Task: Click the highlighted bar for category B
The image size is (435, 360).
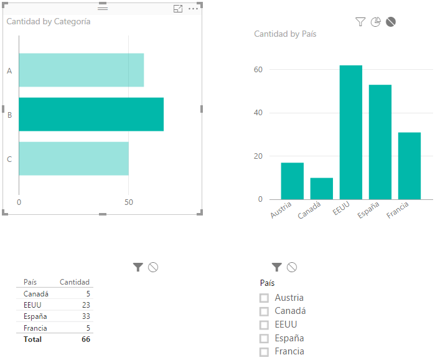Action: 91,114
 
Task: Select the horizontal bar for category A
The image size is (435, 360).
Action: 81,70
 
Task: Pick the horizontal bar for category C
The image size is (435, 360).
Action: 73,158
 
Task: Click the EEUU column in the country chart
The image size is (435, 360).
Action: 351,132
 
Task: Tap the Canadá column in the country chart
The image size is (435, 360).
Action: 322,188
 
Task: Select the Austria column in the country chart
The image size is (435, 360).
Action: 292,181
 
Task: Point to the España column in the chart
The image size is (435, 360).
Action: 380,142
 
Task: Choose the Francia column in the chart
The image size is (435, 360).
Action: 409,166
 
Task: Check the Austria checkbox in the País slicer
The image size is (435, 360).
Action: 264,298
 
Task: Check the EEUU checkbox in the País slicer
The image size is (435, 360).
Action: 264,324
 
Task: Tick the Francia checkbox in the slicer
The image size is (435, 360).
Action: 264,351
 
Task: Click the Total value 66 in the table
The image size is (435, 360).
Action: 85,339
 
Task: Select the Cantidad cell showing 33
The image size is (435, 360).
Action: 85,316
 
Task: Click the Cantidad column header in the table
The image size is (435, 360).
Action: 74,282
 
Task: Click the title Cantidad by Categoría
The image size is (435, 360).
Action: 49,21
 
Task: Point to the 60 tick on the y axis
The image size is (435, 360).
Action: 258,70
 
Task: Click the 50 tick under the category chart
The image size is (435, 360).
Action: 128,202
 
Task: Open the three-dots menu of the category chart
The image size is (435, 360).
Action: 193,8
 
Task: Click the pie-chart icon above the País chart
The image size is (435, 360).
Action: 375,22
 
